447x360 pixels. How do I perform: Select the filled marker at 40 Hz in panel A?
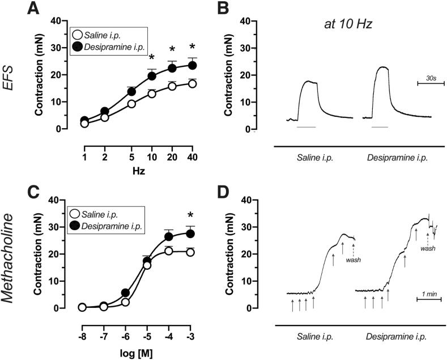tap(192, 65)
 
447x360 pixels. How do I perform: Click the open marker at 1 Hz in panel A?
tap(84, 123)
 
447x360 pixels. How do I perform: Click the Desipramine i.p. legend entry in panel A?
tap(114, 45)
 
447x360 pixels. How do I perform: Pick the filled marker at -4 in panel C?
tap(168, 236)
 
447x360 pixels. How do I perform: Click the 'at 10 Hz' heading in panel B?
tap(342, 26)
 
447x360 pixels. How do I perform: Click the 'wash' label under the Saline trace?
tap(354, 260)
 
